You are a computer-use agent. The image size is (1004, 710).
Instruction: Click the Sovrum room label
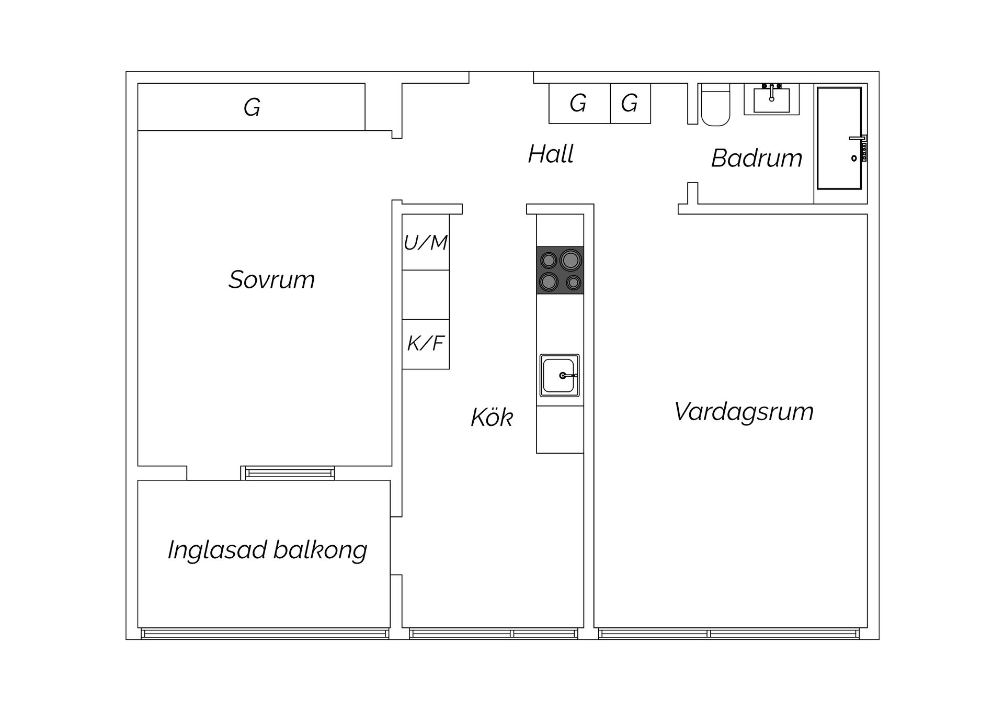pyautogui.click(x=271, y=279)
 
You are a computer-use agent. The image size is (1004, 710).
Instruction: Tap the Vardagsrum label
pyautogui.click(x=744, y=412)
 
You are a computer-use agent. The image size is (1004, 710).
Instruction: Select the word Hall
pyautogui.click(x=551, y=154)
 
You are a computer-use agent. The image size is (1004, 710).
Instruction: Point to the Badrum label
pyautogui.click(x=756, y=158)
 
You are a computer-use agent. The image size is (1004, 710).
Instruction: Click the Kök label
pyautogui.click(x=492, y=418)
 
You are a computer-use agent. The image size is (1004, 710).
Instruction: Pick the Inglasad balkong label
pyautogui.click(x=267, y=550)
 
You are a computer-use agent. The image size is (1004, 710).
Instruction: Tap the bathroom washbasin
pyautogui.click(x=771, y=99)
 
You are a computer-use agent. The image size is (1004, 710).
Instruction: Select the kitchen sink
pyautogui.click(x=559, y=376)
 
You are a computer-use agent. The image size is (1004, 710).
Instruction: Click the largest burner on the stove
pyautogui.click(x=570, y=260)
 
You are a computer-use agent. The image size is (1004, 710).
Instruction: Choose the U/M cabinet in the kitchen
pyautogui.click(x=425, y=242)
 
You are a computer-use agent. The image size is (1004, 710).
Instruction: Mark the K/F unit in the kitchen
pyautogui.click(x=425, y=344)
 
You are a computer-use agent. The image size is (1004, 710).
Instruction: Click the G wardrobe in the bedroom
pyautogui.click(x=251, y=107)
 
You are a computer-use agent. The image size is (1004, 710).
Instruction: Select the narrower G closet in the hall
pyautogui.click(x=630, y=103)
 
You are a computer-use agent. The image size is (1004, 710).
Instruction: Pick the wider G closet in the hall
pyautogui.click(x=579, y=103)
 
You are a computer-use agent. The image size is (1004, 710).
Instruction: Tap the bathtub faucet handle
pyautogui.click(x=857, y=138)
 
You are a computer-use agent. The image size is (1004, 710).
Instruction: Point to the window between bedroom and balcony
pyautogui.click(x=290, y=473)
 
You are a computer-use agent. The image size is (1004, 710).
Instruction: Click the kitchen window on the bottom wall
pyautogui.click(x=493, y=634)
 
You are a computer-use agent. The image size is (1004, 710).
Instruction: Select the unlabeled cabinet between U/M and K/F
pyautogui.click(x=425, y=295)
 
